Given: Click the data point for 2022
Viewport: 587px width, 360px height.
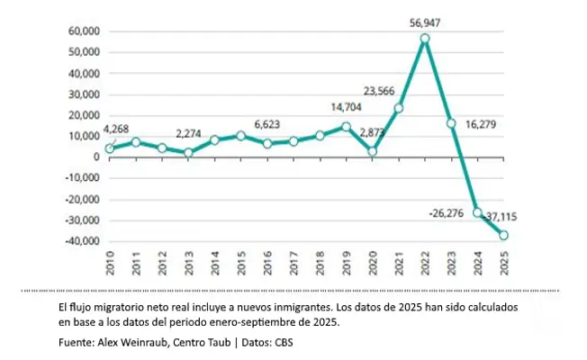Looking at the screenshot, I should coord(425,39).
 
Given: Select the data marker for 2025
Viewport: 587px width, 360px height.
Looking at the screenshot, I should coord(503,236).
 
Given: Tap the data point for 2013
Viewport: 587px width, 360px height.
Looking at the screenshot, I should coord(189,152).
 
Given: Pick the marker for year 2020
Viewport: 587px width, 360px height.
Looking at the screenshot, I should coord(372,151).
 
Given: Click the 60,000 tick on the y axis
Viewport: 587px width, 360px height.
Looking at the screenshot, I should coord(82,31).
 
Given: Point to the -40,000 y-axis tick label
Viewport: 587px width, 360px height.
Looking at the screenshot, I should coord(79,241).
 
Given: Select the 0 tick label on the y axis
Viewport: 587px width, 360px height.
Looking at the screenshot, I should coord(95,157).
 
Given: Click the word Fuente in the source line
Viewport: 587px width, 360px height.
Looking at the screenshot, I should coord(77,343).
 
